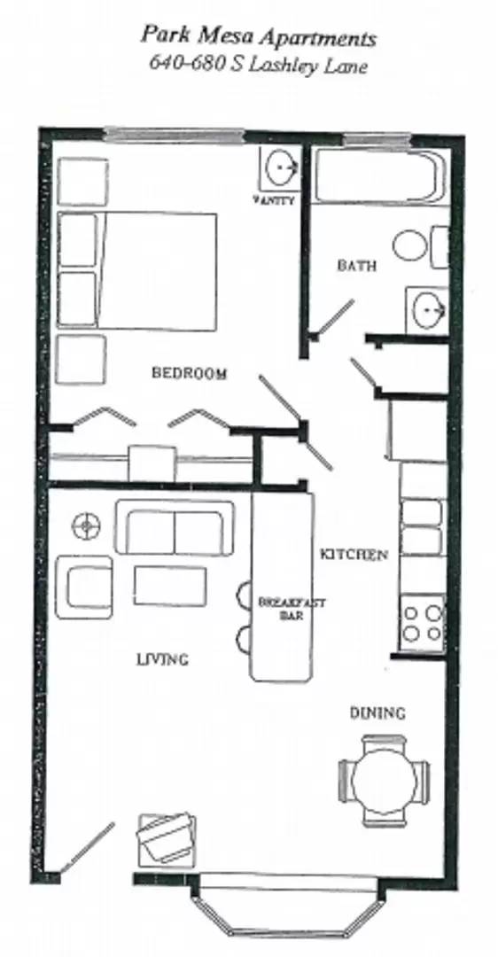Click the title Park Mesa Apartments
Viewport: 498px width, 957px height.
pyautogui.click(x=258, y=38)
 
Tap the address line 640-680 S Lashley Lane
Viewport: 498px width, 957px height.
pyautogui.click(x=258, y=65)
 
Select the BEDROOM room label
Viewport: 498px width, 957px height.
pyautogui.click(x=189, y=373)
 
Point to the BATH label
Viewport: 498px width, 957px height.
pyautogui.click(x=356, y=265)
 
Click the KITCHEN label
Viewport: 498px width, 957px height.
pyautogui.click(x=354, y=555)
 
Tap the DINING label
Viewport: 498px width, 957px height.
pyautogui.click(x=377, y=712)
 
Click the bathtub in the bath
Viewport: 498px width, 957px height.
pyautogui.click(x=378, y=177)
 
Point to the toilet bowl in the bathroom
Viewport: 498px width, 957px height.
pyautogui.click(x=410, y=245)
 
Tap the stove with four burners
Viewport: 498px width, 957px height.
pyautogui.click(x=422, y=622)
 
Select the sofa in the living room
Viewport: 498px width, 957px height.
pyautogui.click(x=175, y=529)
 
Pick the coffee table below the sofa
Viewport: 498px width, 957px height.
pyautogui.click(x=170, y=586)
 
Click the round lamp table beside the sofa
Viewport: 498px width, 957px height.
pyautogui.click(x=85, y=526)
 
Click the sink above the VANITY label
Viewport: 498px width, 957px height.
pyautogui.click(x=281, y=167)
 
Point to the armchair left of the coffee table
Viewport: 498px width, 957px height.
pyautogui.click(x=85, y=587)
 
